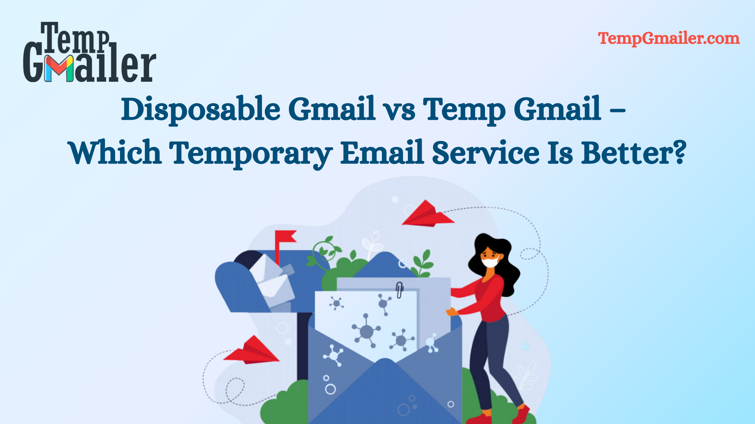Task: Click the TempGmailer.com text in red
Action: pos(669,38)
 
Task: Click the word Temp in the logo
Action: pos(76,39)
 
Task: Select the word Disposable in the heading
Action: pos(201,109)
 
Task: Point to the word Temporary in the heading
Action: pos(251,153)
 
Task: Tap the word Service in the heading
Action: pos(486,153)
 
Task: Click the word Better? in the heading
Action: pos(634,153)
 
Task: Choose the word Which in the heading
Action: pos(115,153)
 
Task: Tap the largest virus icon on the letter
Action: pos(366,331)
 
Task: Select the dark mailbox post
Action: pos(303,347)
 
